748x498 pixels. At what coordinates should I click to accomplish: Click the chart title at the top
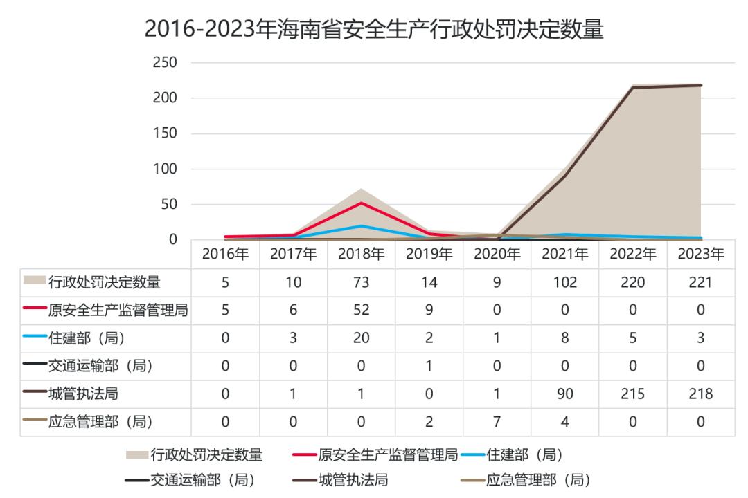point(374,28)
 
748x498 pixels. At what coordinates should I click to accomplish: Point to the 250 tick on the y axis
point(165,62)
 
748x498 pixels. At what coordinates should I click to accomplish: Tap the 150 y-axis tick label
point(165,133)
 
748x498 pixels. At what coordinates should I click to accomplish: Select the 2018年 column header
point(361,254)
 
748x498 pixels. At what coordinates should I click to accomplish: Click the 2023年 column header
point(701,254)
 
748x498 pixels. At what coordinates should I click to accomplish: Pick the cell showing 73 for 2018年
point(361,283)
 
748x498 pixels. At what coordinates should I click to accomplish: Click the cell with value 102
point(565,283)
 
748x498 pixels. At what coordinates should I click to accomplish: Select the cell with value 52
point(361,311)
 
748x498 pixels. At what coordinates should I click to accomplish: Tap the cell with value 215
point(632,394)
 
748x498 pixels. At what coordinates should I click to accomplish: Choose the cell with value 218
point(701,394)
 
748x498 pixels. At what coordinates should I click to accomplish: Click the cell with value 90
point(565,394)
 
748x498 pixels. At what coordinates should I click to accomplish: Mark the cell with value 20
point(361,338)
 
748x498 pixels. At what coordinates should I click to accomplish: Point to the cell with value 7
point(497,422)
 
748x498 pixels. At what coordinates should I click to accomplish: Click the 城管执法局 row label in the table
point(83,394)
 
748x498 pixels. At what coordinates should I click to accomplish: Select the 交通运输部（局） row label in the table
point(100,366)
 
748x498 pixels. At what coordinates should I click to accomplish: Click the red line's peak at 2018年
point(361,203)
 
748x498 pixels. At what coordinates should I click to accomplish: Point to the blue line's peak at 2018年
point(361,226)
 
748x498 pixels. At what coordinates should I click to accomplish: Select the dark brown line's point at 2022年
point(632,88)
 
